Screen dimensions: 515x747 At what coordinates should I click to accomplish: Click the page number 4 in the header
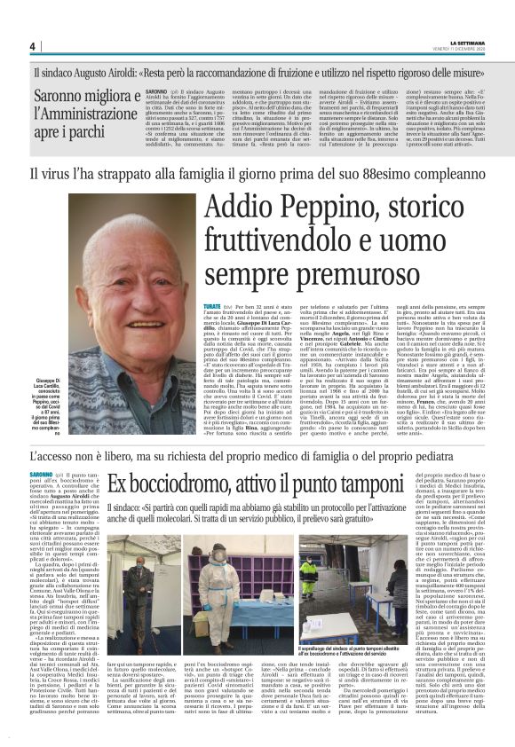32,46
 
